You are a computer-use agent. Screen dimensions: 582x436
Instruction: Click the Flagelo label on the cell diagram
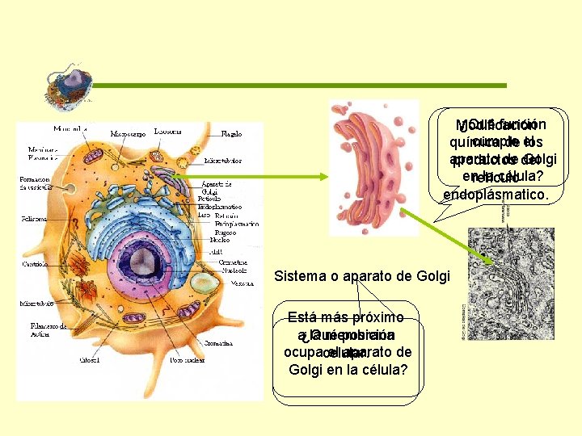(x=231, y=134)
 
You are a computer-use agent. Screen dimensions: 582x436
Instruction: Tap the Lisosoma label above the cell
(x=167, y=131)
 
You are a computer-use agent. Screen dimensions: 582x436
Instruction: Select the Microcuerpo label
(x=129, y=133)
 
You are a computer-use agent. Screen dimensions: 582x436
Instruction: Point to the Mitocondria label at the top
(x=72, y=129)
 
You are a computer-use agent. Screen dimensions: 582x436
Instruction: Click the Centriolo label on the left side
(x=33, y=263)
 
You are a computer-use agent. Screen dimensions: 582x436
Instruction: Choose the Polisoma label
(x=34, y=219)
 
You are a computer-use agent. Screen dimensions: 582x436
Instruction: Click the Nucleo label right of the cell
(x=220, y=240)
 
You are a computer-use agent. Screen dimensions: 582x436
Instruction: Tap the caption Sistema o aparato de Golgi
(x=361, y=276)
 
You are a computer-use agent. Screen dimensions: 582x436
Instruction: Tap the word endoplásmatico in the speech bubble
(x=495, y=195)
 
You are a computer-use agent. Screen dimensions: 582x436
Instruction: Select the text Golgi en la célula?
(x=347, y=370)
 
